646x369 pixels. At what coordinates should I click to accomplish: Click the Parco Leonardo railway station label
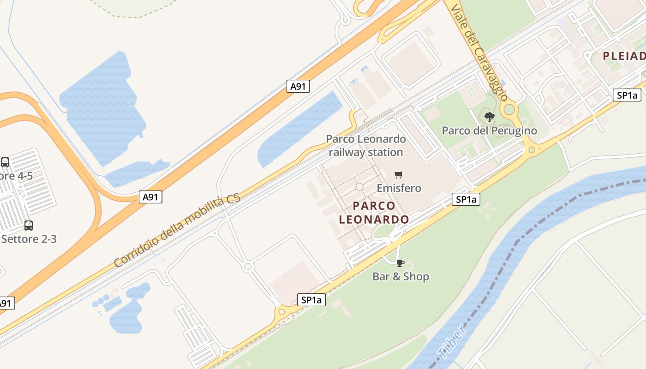(366, 145)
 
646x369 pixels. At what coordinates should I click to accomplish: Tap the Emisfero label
(399, 188)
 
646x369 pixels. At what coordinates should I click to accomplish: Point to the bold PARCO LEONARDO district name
(374, 213)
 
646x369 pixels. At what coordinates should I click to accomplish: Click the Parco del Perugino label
(489, 131)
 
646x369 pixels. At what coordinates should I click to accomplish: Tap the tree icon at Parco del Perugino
(490, 117)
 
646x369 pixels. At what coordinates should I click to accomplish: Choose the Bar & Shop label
(401, 276)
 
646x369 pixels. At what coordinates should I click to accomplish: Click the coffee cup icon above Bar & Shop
(400, 263)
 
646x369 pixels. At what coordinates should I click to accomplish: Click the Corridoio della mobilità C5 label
(177, 231)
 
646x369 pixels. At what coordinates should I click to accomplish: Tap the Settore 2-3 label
(29, 239)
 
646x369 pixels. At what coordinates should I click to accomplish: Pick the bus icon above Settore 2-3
(29, 225)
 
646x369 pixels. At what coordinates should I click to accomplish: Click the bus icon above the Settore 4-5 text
(5, 162)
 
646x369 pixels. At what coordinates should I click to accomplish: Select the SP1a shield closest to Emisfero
(466, 199)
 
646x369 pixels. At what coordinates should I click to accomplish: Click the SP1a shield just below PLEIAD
(627, 95)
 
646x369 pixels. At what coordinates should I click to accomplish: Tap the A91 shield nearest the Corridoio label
(150, 197)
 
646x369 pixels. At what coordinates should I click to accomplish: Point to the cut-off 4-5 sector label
(16, 176)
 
